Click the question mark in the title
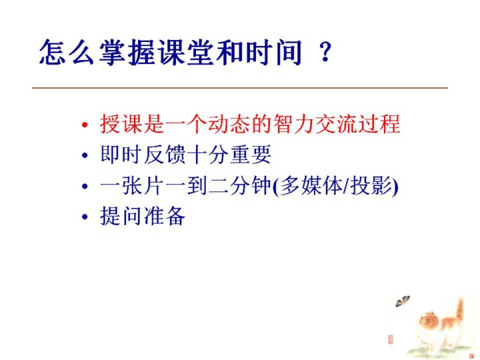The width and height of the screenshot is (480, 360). click(325, 52)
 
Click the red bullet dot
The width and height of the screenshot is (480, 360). click(85, 125)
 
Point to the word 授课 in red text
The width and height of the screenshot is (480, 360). click(121, 123)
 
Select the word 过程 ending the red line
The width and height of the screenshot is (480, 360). click(379, 123)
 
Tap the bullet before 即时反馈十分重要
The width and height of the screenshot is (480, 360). click(85, 155)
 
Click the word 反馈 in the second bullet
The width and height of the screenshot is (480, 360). click(165, 154)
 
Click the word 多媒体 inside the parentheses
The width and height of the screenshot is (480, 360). click(311, 185)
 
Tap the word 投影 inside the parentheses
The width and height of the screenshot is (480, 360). click(371, 185)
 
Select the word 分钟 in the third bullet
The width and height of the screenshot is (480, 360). click(251, 185)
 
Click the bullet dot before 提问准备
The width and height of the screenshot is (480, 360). click(85, 217)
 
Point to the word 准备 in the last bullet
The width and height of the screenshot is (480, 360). click(165, 216)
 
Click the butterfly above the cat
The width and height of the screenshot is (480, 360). click(403, 301)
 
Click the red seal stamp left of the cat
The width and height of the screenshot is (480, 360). click(390, 339)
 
